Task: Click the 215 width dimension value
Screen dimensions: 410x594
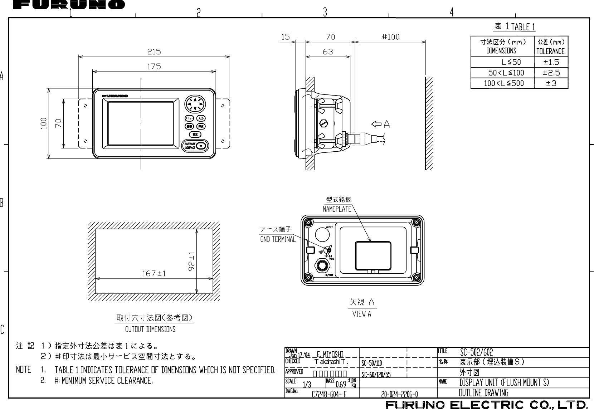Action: (x=154, y=52)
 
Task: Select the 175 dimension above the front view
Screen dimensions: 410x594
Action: (x=154, y=67)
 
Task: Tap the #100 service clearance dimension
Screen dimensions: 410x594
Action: (x=390, y=37)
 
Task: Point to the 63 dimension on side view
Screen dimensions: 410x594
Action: (x=328, y=52)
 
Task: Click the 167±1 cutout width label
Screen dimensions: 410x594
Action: (x=154, y=274)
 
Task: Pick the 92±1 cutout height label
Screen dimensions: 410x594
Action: (x=192, y=260)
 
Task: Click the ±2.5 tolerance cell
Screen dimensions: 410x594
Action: (x=551, y=73)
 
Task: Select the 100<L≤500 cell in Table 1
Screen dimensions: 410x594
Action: (x=503, y=84)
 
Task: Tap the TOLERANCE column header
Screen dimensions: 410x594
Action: (x=551, y=51)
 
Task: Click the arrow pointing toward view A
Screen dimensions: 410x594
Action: (x=376, y=125)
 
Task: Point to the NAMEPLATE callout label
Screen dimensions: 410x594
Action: (x=337, y=209)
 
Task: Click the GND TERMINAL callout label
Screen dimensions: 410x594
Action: (x=278, y=239)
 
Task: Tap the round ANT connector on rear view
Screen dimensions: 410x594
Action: (x=322, y=235)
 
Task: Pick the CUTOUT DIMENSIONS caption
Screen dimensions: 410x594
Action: (x=150, y=329)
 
